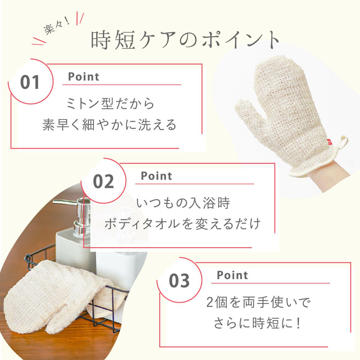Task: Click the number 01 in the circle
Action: point(30,82)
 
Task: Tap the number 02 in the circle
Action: point(103,181)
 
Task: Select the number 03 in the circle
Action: point(179,280)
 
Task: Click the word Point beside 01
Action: point(83,76)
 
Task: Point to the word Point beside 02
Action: point(156,176)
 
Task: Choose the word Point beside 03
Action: point(232,275)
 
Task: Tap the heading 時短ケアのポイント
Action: point(185,40)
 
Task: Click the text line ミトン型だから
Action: point(110,103)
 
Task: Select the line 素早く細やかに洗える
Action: point(109,124)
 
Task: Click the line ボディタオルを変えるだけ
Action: point(182,224)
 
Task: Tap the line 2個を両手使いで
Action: point(258,302)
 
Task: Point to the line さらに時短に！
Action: point(257,323)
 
